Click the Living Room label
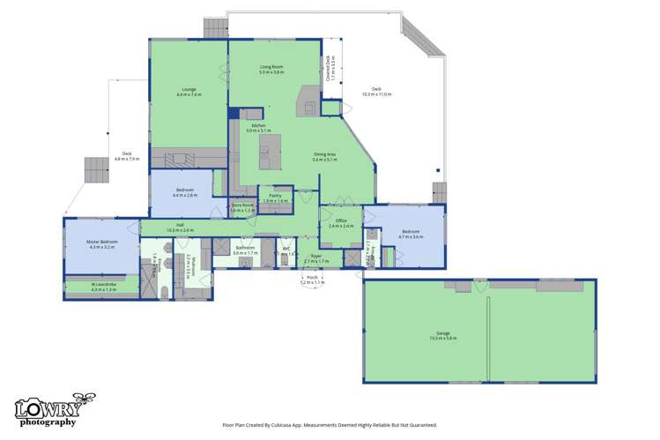(271, 67)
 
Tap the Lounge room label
(189, 89)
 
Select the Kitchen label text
(258, 126)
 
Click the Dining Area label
(324, 154)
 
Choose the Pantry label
(275, 196)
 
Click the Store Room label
(242, 206)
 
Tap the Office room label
(340, 220)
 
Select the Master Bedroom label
(102, 242)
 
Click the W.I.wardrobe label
(103, 284)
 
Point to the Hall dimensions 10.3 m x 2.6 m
(180, 230)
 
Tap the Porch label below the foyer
(312, 278)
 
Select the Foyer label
(315, 257)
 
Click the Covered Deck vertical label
(328, 67)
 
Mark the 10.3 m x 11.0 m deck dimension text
(376, 94)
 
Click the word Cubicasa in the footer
(284, 424)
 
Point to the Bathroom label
(245, 249)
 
